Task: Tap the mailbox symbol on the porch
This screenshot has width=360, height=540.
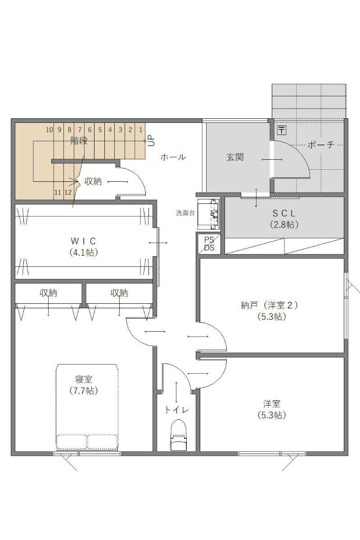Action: coord(282,130)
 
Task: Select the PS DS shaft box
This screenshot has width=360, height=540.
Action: coord(209,244)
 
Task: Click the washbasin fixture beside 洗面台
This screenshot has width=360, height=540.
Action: coord(209,214)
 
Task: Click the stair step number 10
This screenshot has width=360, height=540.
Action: coord(49,130)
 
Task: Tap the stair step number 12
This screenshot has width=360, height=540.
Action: coord(68,193)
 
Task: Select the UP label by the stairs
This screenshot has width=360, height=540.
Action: coord(151,140)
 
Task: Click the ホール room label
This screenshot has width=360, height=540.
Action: coord(173,157)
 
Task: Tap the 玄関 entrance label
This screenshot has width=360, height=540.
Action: coord(235,157)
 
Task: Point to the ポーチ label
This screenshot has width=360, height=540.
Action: coord(321,144)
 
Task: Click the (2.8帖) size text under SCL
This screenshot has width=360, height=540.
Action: coord(284,225)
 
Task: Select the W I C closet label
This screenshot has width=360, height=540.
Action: coord(83,241)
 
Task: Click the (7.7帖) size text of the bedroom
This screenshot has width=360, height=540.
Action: coord(84,390)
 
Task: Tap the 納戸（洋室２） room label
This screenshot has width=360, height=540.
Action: coord(270,306)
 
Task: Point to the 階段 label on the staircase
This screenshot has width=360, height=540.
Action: coord(79,140)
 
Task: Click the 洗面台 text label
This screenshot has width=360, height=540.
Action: coord(185,213)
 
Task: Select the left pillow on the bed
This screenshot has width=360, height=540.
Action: coord(72,441)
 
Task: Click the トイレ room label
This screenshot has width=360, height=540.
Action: coord(176,410)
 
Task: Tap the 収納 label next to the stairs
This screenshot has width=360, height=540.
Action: coord(93,181)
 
